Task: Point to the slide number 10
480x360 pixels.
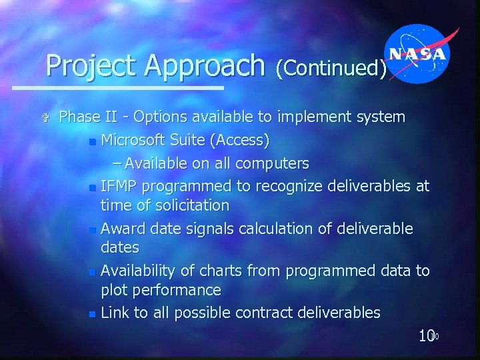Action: pos(427,336)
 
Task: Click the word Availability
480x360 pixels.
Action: pos(142,271)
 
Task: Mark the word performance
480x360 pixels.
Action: pos(178,290)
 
